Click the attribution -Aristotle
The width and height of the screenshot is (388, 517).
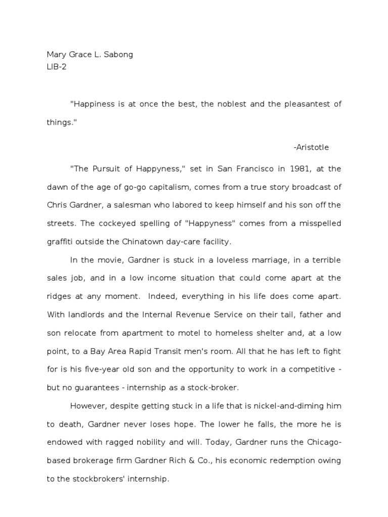(311, 147)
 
